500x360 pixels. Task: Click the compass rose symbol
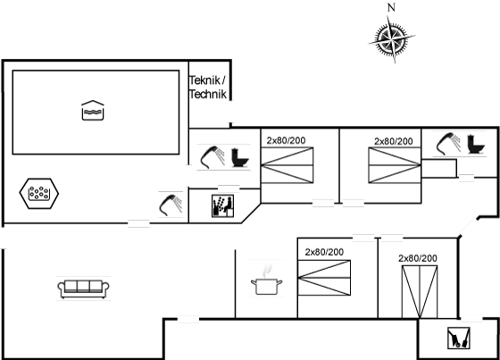[x=392, y=39]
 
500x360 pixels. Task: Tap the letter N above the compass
[x=391, y=7]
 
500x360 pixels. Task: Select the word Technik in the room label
[x=208, y=94]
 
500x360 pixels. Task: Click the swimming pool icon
[x=93, y=111]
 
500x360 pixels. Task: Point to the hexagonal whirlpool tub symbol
[x=39, y=194]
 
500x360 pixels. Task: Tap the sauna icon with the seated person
[x=222, y=206]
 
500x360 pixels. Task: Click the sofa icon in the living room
[x=83, y=289]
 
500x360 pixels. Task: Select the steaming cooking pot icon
[x=267, y=280]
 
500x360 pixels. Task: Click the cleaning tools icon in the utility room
[x=459, y=338]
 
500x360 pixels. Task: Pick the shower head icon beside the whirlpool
[x=171, y=205]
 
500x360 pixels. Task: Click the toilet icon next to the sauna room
[x=240, y=157]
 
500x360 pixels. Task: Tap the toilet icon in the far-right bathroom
[x=476, y=145]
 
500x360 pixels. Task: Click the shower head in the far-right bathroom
[x=448, y=144]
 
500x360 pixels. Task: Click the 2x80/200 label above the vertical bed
[x=418, y=258]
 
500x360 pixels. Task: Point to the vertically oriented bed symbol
[x=420, y=292]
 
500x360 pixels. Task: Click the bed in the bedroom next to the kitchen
[x=324, y=278]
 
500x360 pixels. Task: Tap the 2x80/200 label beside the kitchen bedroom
[x=324, y=252]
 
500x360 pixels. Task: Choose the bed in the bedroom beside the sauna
[x=287, y=165]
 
